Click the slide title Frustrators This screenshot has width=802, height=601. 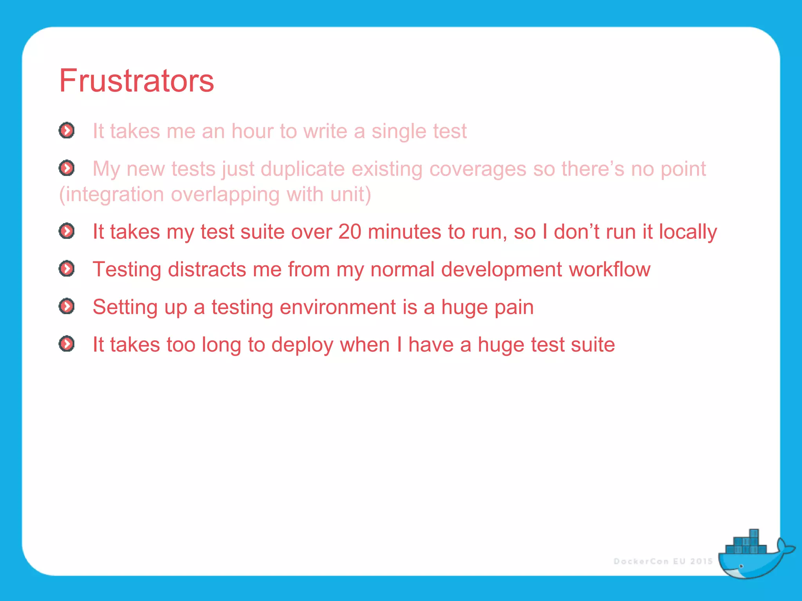coord(136,81)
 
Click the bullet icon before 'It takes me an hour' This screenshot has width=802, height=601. coord(67,130)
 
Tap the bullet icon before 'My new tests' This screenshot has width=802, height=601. coord(67,168)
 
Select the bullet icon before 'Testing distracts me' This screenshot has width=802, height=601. coord(67,269)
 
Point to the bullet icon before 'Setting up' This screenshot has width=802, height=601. coord(67,306)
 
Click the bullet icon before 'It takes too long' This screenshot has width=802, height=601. coord(67,344)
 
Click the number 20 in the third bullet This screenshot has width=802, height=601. coord(349,232)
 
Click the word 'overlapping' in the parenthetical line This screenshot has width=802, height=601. coord(225,194)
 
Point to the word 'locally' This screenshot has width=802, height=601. coord(688,232)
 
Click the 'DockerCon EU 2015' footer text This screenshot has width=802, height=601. coord(663,561)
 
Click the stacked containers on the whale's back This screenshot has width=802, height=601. coord(746,544)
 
